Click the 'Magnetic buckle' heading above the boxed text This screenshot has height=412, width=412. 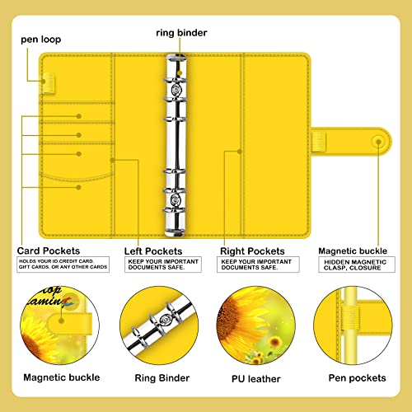353,250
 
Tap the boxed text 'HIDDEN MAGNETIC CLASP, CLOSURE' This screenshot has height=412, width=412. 355,266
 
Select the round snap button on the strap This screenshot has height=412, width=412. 378,141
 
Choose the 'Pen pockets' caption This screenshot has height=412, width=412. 355,378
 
